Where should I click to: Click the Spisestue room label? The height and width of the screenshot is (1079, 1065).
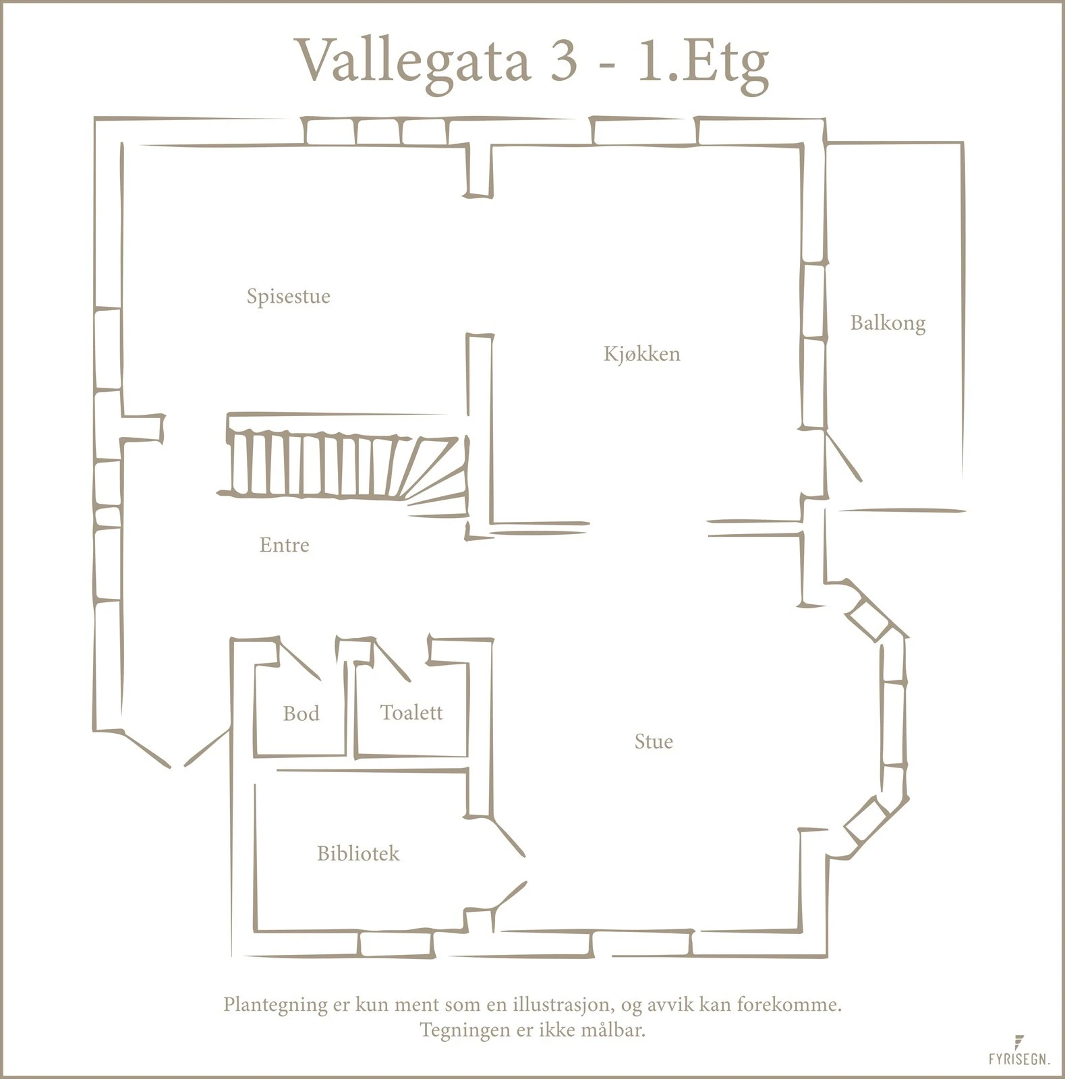tap(288, 296)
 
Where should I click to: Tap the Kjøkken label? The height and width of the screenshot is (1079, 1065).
tap(641, 353)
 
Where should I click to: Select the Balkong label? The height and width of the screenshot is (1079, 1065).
tap(887, 323)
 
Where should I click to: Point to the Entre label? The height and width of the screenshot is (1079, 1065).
tap(284, 545)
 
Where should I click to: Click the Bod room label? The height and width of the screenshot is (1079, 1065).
tap(301, 713)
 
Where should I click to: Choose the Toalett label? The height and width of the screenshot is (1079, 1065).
tap(411, 712)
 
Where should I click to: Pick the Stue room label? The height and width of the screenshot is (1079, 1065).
tap(653, 742)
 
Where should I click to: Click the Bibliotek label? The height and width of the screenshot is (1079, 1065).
tap(357, 854)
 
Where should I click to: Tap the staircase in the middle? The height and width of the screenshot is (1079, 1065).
tap(344, 465)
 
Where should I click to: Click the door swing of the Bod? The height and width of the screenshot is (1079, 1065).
tap(299, 659)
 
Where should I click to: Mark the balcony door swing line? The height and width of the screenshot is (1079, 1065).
tap(844, 455)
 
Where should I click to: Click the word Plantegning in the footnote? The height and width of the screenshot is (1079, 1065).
tap(274, 1005)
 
